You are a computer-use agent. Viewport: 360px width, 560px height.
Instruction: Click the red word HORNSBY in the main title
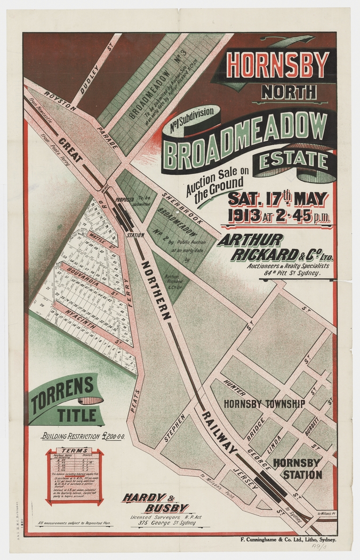(x=279, y=65)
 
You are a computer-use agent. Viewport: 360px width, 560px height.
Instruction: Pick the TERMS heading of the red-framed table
(x=74, y=450)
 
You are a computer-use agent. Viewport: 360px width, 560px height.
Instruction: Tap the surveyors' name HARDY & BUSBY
(x=155, y=502)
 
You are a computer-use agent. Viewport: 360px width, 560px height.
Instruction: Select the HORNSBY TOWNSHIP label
(x=264, y=404)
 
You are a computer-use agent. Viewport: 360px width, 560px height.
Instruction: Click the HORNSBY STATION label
(x=297, y=468)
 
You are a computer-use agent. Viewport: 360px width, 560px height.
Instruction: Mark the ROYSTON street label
(x=61, y=100)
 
